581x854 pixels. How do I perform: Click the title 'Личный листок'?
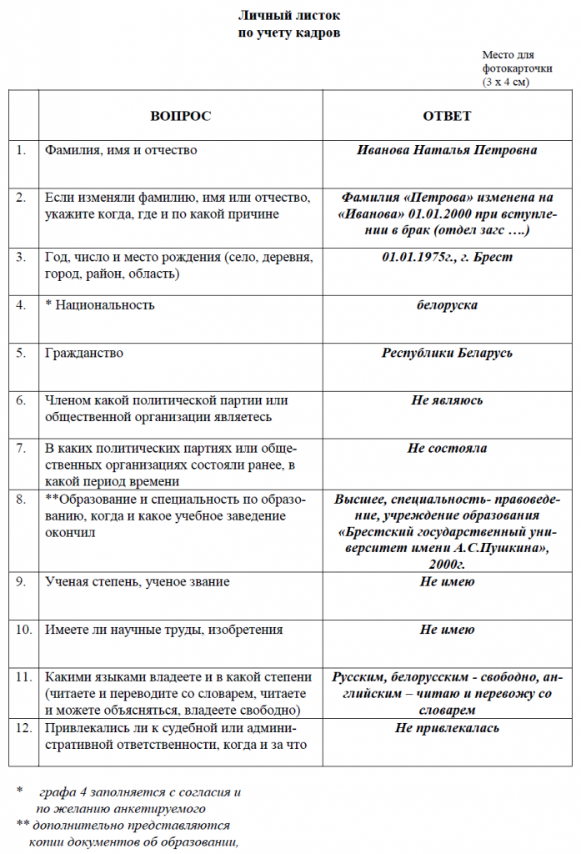(289, 16)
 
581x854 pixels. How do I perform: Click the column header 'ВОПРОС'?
(180, 116)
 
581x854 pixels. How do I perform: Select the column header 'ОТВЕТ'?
(447, 116)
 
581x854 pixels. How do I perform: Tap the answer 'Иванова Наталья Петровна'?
(447, 151)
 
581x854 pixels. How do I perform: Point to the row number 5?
(21, 353)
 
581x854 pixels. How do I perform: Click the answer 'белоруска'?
(447, 305)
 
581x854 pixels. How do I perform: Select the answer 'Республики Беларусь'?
(447, 353)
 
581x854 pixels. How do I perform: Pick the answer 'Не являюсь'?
(447, 401)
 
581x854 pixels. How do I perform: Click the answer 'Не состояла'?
(447, 449)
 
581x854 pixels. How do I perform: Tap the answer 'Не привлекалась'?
(447, 728)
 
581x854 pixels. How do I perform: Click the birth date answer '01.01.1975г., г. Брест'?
(447, 257)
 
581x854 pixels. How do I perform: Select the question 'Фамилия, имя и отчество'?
(121, 151)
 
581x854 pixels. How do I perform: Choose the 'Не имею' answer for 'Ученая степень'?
(447, 581)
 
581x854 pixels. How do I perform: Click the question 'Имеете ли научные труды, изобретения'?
(163, 630)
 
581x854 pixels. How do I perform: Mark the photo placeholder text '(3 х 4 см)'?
(506, 82)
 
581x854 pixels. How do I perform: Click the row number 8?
(21, 500)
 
